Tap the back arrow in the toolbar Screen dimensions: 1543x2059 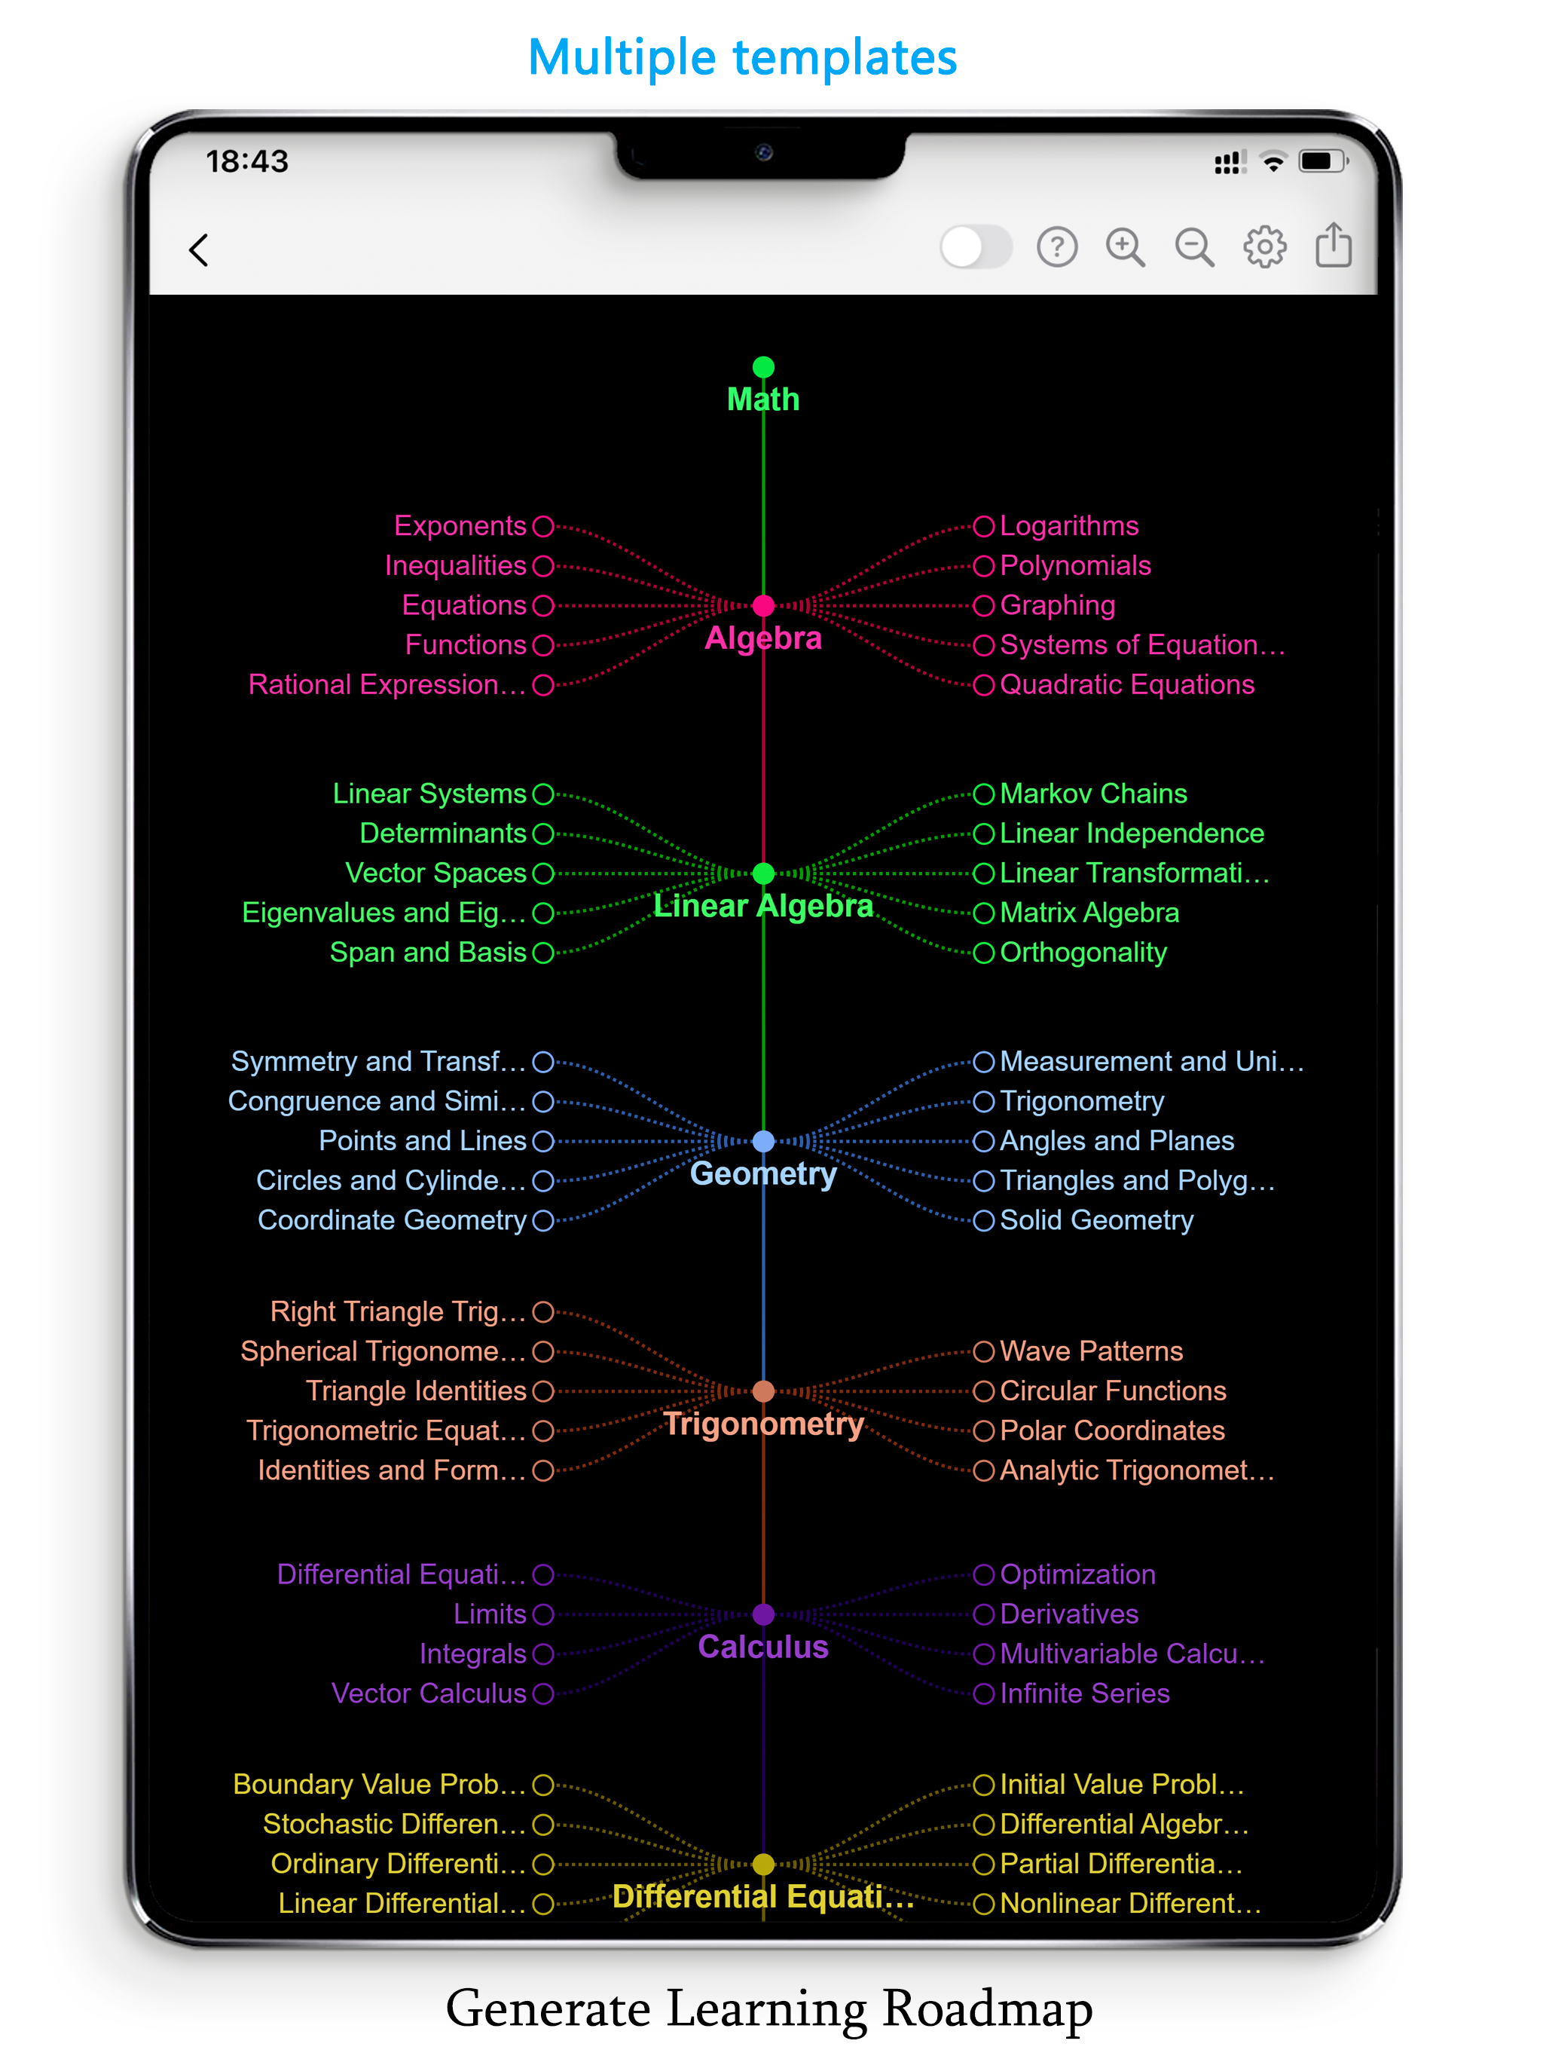(x=198, y=249)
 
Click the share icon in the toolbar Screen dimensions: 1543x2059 (x=1333, y=245)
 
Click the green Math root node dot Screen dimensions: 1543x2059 (x=763, y=367)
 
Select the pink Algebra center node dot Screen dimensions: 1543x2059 (x=763, y=606)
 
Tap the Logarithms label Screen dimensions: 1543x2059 (x=1068, y=526)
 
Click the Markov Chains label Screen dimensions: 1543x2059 (x=1092, y=793)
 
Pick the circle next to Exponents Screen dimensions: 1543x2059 (x=543, y=527)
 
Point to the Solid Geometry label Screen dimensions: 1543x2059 (x=1096, y=1220)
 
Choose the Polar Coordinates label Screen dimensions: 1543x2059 (x=1112, y=1430)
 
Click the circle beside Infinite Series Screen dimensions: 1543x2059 (x=984, y=1694)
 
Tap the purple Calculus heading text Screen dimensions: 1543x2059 (x=763, y=1647)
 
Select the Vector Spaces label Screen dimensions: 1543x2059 (x=435, y=873)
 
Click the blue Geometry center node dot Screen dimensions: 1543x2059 (x=763, y=1141)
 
